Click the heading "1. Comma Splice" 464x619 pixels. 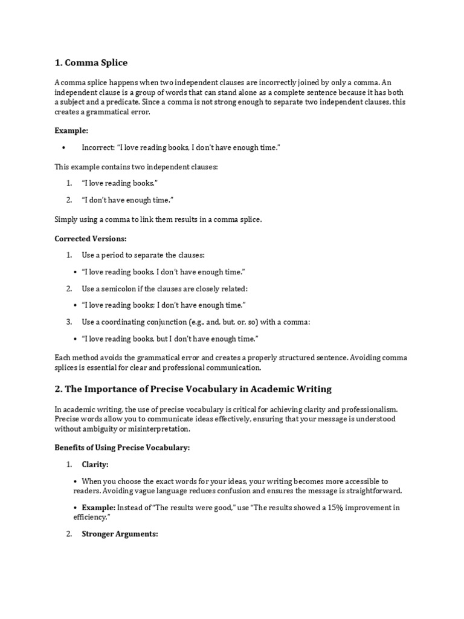91,62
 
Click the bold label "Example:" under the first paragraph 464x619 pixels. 72,130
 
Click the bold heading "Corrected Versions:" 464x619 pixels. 91,239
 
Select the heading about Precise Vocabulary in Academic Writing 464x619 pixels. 193,389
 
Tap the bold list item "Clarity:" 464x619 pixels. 95,464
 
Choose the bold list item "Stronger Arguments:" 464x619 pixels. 120,534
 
